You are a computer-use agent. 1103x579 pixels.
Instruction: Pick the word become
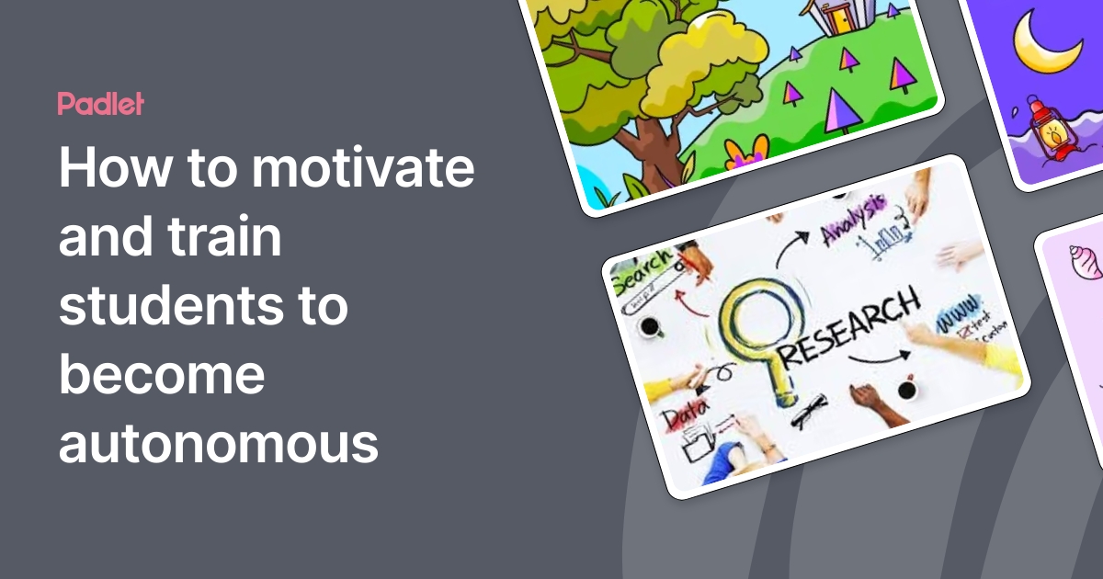162,375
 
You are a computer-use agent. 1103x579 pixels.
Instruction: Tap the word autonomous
219,443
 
